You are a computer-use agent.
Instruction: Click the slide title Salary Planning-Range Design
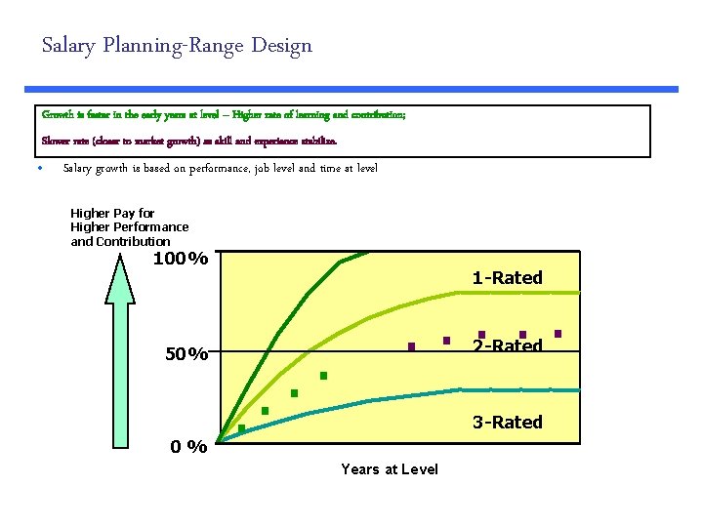(x=177, y=46)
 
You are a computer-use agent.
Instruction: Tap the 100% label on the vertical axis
(x=181, y=260)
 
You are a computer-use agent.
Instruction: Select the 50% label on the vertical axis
(x=186, y=354)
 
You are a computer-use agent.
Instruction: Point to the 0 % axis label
(x=187, y=447)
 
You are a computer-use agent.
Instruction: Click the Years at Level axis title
(x=390, y=469)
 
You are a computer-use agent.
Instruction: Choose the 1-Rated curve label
(x=507, y=278)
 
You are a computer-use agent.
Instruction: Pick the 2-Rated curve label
(x=507, y=346)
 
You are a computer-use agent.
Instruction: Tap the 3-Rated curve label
(x=507, y=423)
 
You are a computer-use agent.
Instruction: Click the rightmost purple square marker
(x=558, y=334)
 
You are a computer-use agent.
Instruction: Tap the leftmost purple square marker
(x=412, y=346)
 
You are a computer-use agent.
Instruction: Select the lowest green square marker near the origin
(x=241, y=428)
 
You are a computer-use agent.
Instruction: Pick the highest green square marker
(x=323, y=376)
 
